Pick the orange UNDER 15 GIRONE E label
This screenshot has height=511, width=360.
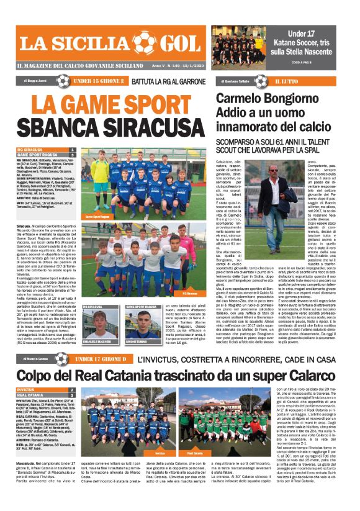[x=101, y=81]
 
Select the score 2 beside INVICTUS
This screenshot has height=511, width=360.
[x=73, y=390]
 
